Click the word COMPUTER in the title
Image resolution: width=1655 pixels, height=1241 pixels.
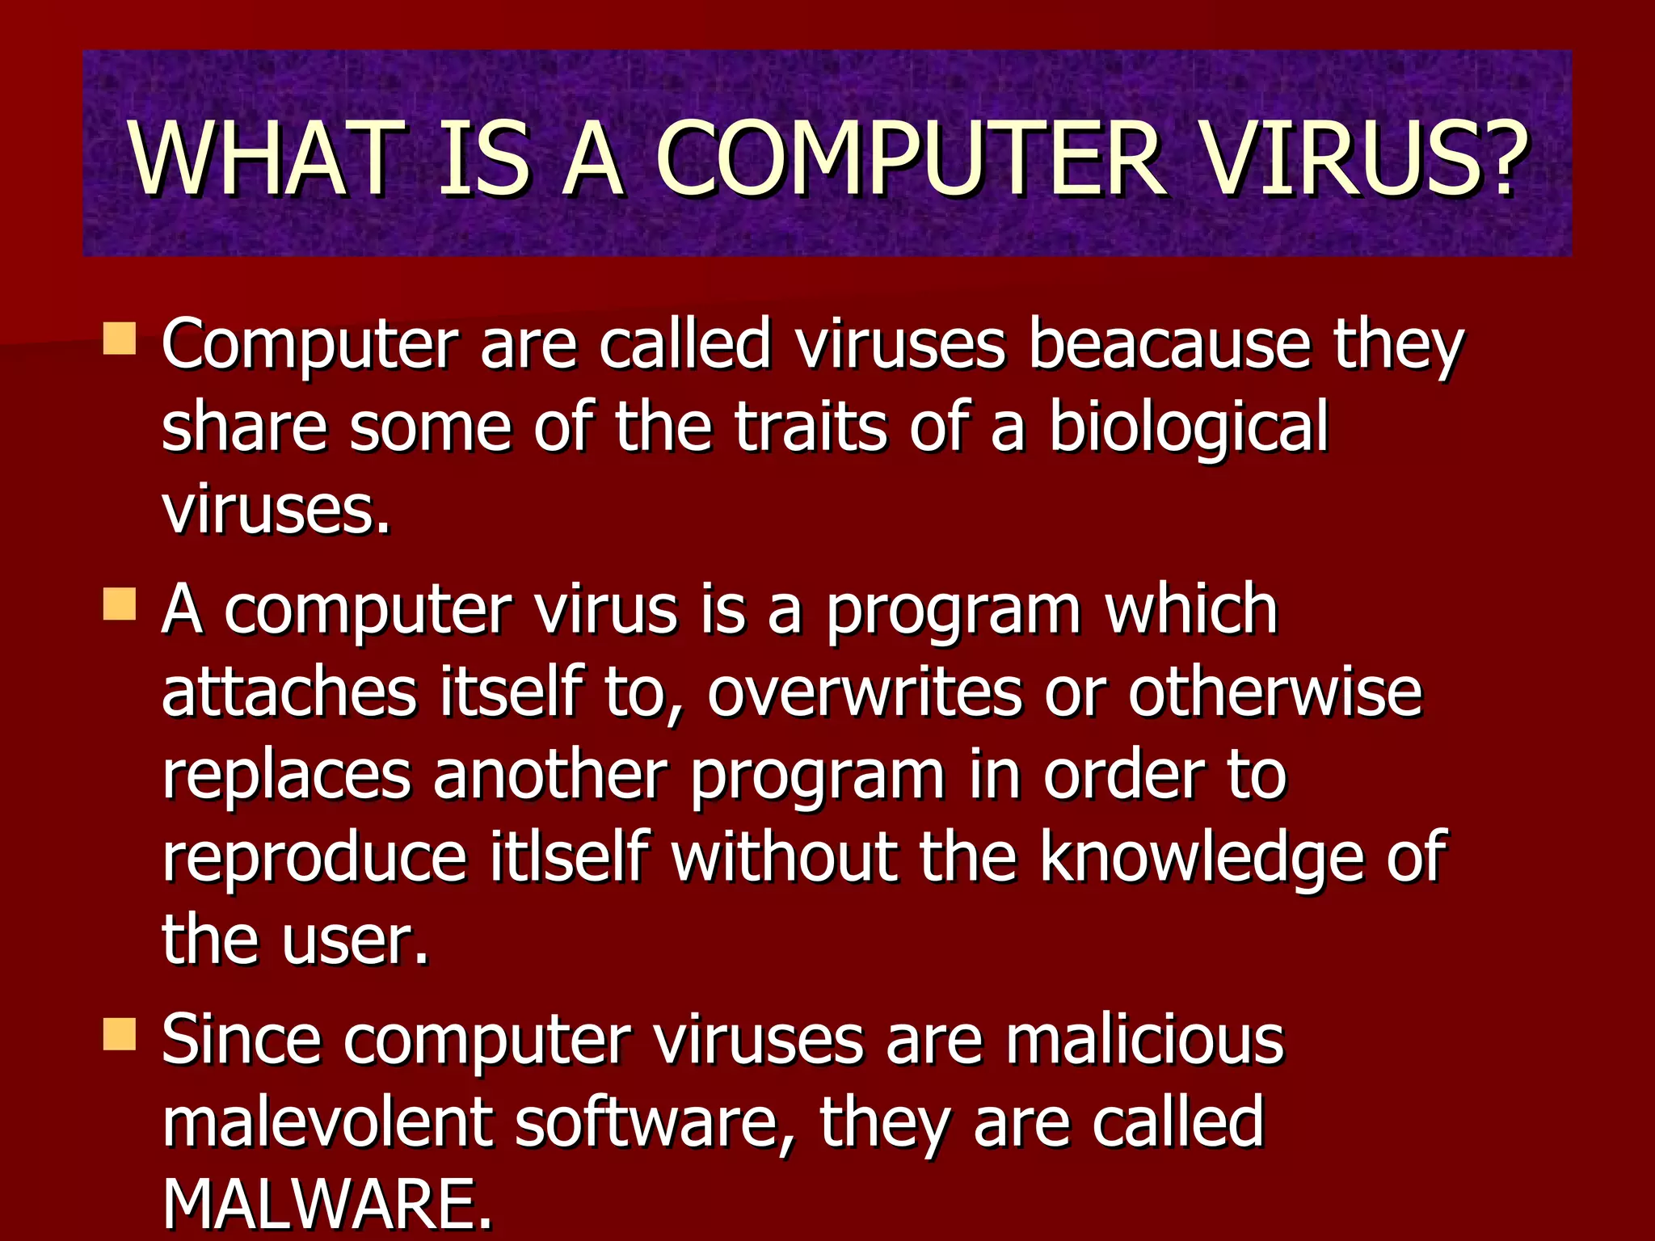click(x=910, y=158)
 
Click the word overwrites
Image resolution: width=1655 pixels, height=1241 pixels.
click(x=865, y=692)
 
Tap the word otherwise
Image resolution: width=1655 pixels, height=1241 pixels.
click(x=1274, y=692)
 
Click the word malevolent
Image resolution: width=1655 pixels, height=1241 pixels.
click(x=326, y=1122)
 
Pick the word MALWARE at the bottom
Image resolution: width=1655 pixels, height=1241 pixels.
click(x=326, y=1205)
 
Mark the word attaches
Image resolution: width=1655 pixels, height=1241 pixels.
click(x=289, y=692)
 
